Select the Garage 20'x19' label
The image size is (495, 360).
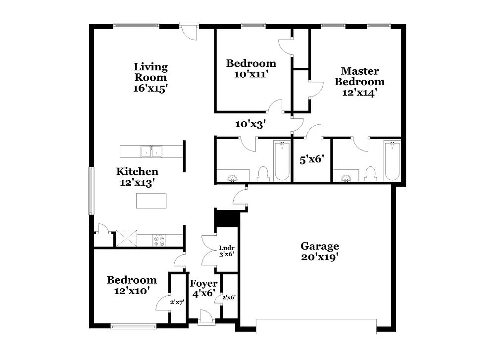(320, 252)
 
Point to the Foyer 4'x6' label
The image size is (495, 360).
(203, 288)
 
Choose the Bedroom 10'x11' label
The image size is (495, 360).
(251, 69)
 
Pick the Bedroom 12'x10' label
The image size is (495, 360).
(132, 286)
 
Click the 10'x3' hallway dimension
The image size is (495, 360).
(250, 124)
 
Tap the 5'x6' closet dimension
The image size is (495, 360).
(311, 159)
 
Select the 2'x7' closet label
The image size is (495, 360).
(177, 302)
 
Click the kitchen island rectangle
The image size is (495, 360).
(151, 201)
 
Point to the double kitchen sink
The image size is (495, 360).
(151, 152)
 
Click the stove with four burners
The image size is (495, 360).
(159, 240)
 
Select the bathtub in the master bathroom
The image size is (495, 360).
(392, 161)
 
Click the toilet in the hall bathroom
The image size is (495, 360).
(263, 174)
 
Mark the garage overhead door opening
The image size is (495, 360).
(316, 326)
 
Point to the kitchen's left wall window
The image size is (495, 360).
(91, 191)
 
